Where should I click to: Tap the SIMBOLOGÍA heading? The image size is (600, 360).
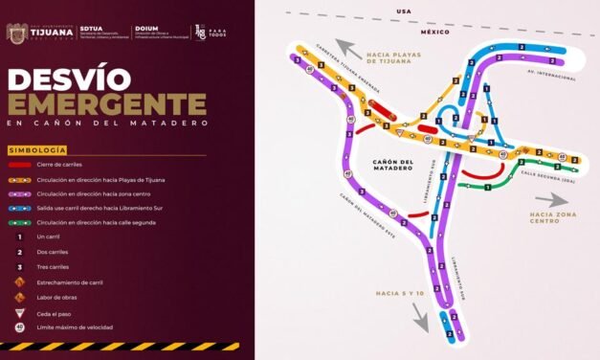tap(37, 151)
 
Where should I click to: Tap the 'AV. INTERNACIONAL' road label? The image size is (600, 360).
tap(552, 73)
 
